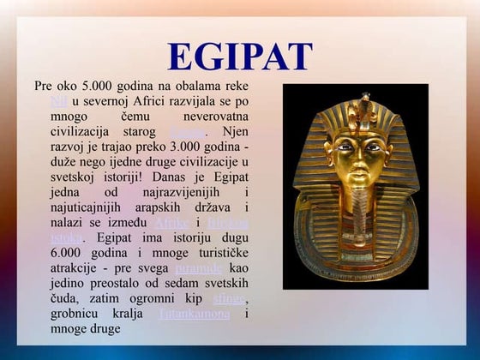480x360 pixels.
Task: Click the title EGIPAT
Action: click(x=239, y=57)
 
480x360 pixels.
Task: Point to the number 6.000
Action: click(x=72, y=253)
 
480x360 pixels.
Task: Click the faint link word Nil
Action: click(x=59, y=102)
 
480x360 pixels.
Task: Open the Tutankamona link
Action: click(x=195, y=314)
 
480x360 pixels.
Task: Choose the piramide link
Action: click(x=199, y=268)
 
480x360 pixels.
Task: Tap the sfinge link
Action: click(x=229, y=298)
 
